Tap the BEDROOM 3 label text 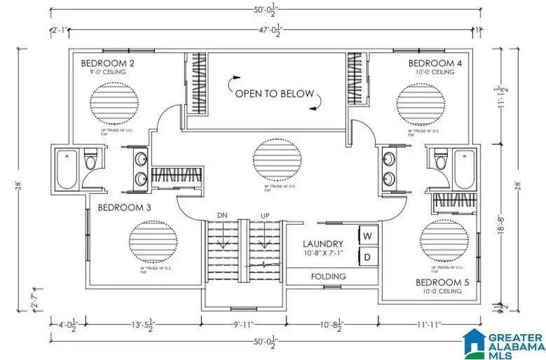coord(125,207)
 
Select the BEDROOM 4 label coord(435,63)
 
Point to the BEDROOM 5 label coord(442,282)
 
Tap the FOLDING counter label coord(329,277)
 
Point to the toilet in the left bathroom coord(89,162)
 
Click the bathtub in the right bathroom coord(464,168)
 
